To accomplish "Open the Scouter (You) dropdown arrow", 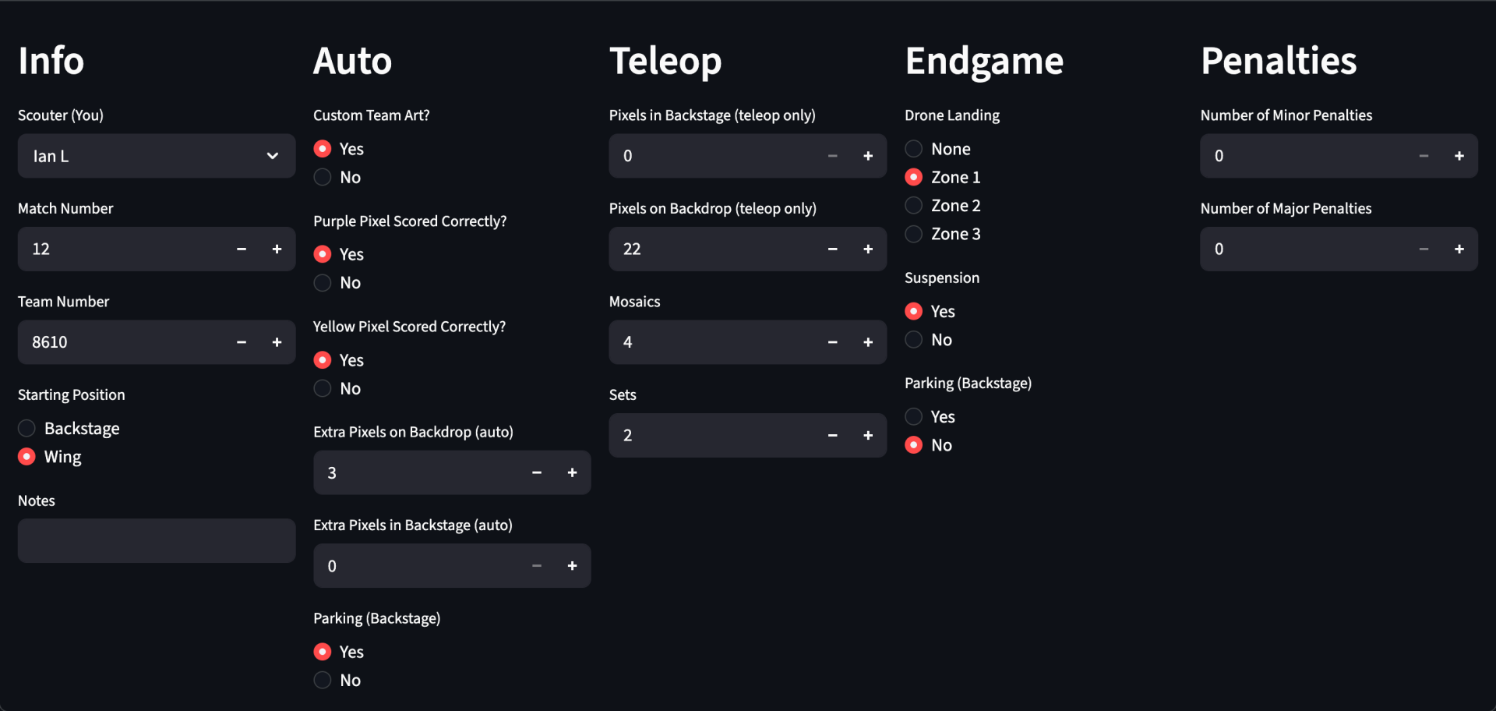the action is [x=273, y=156].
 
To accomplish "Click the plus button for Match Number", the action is [x=277, y=249].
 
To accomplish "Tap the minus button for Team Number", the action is [x=242, y=342].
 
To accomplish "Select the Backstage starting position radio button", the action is [x=26, y=428].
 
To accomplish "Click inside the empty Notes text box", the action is [x=157, y=541].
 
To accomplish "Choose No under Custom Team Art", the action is [x=323, y=177].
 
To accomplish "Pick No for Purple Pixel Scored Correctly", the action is [x=323, y=283].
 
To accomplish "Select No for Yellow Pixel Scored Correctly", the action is [x=323, y=388].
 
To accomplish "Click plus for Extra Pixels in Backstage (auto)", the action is [x=572, y=566].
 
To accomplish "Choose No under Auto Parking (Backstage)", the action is [x=323, y=681].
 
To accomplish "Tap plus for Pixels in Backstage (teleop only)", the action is [x=868, y=156].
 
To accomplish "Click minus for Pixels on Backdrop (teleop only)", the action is [x=833, y=249].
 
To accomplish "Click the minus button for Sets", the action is [x=833, y=436].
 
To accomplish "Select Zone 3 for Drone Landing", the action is [x=914, y=234].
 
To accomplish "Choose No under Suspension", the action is [x=914, y=340].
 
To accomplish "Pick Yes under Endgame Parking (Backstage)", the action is [x=914, y=417].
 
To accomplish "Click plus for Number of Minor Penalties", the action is [x=1459, y=156].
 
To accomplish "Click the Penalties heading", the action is [x=1279, y=61].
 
